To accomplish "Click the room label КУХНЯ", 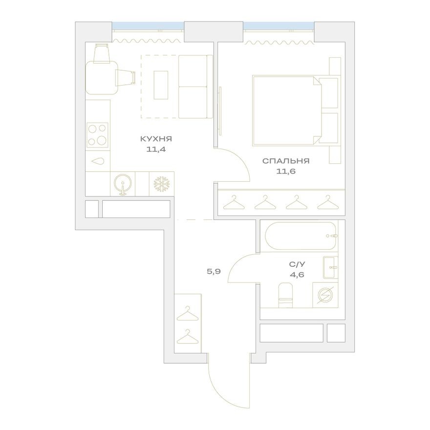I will pos(156,139).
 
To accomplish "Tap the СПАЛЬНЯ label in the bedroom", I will pos(286,161).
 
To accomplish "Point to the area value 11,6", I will pos(286,172).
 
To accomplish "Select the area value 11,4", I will pos(156,150).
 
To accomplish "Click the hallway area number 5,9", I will pos(215,272).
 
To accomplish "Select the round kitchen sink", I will pos(123,184).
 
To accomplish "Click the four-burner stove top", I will pos(97,135).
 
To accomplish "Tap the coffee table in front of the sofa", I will pos(161,85).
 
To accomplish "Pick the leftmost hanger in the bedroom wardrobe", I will pos(234,202).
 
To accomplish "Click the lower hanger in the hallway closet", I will pos(187,338).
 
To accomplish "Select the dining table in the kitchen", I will pos(102,77).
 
